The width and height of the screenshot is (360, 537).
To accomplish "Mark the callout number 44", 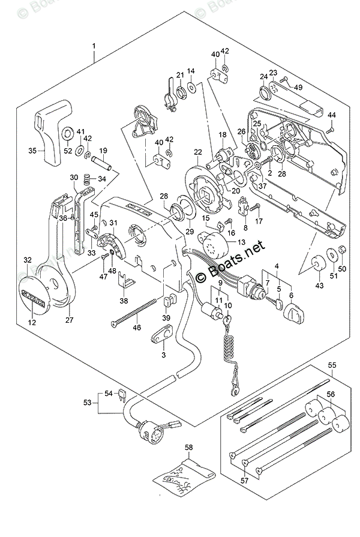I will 331,115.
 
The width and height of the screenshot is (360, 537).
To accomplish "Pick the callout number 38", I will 124,301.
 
